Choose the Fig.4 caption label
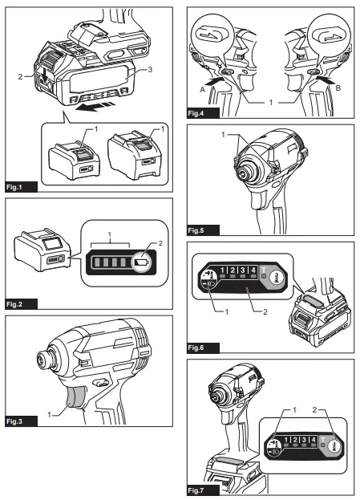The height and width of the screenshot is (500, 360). [x=197, y=114]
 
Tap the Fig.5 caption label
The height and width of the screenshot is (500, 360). [x=197, y=230]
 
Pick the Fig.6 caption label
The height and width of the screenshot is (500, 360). [x=197, y=348]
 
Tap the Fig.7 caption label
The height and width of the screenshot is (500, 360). [x=197, y=489]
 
